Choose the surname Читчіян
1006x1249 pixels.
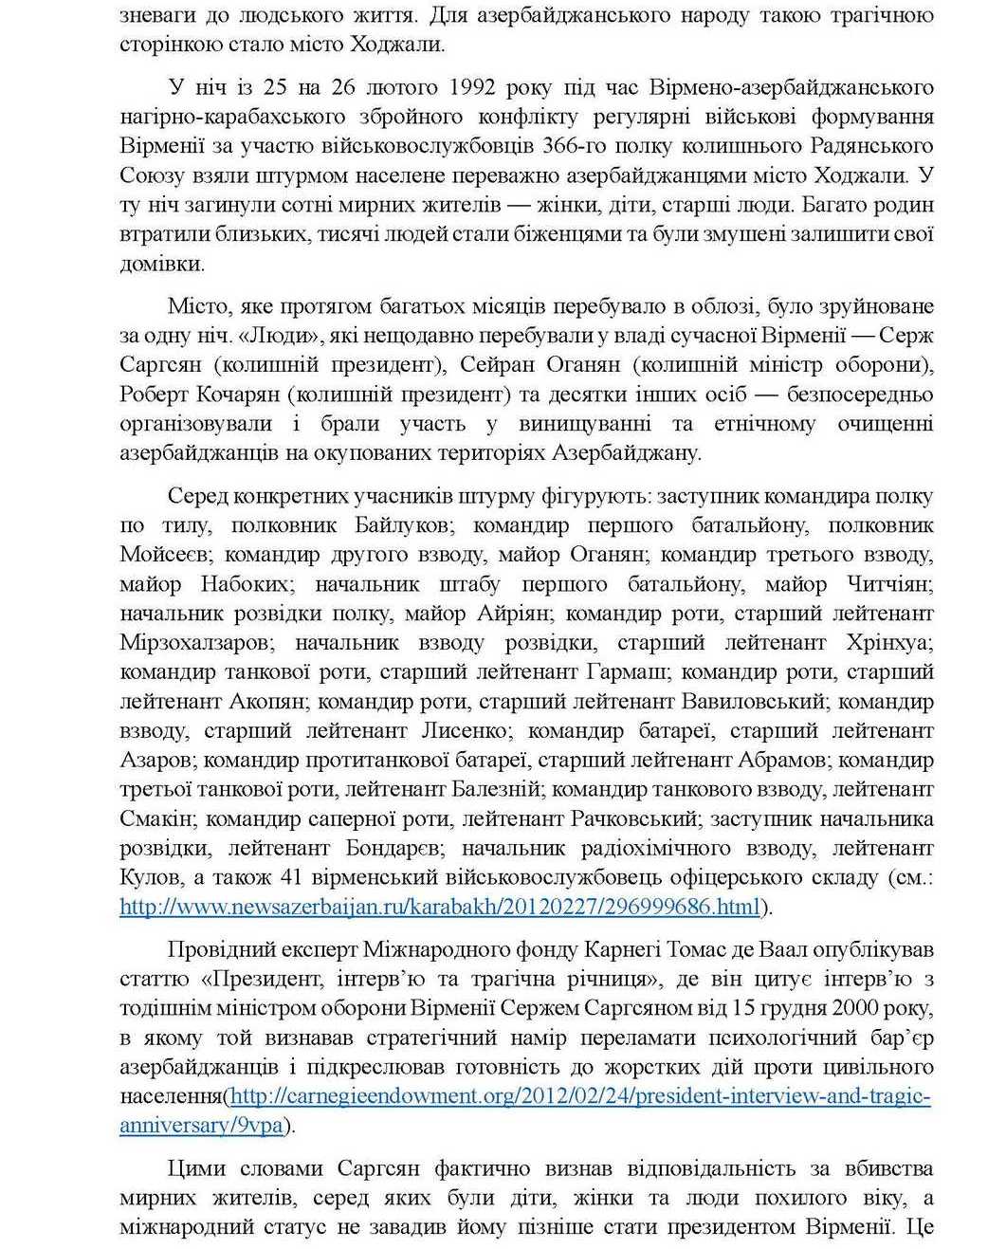pos(887,584)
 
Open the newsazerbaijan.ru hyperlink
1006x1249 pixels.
pos(440,907)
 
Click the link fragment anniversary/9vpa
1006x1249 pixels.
pos(202,1126)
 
